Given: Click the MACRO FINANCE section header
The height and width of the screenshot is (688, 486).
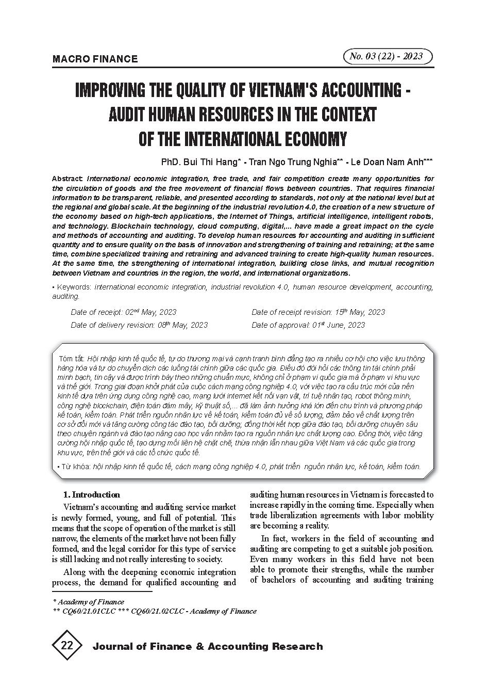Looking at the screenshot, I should pos(95,59).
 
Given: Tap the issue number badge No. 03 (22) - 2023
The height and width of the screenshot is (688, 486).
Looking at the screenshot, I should pos(387,56).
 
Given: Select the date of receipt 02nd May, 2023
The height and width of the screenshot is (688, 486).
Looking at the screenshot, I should pos(151,312).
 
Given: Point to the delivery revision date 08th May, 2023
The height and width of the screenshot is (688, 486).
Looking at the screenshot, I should pos(183,325).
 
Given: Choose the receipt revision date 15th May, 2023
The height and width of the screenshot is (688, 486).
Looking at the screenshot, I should pos(359,312).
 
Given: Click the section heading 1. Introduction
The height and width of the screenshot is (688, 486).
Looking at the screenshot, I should pos(91,494).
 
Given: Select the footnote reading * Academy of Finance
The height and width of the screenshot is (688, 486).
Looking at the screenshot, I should pos(89,602).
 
